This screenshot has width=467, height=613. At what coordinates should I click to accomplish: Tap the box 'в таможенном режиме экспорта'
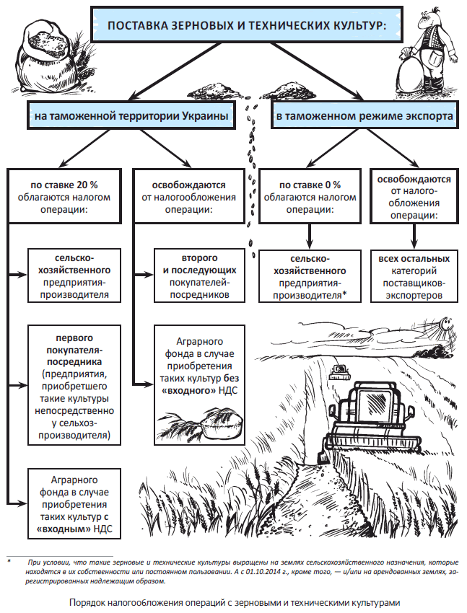365,115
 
